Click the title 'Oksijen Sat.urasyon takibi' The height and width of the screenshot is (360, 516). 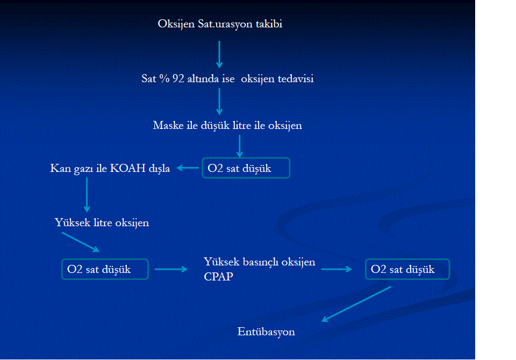(x=220, y=24)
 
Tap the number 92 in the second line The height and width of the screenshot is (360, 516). (x=178, y=78)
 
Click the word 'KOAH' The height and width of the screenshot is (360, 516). (x=128, y=168)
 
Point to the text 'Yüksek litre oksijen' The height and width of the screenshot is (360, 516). (x=102, y=223)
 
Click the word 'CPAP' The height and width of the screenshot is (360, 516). (x=218, y=277)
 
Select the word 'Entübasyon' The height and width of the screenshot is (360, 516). (x=266, y=332)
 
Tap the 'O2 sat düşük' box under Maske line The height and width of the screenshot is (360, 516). (x=246, y=168)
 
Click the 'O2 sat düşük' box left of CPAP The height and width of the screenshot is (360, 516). (x=105, y=269)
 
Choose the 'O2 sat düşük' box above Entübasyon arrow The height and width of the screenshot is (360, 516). (x=407, y=269)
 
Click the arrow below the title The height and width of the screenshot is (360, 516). (x=219, y=55)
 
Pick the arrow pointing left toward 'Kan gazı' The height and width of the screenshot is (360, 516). (x=188, y=168)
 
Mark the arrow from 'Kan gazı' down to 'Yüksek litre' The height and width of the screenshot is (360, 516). (x=87, y=195)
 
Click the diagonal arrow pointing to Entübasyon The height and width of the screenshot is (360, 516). (x=356, y=304)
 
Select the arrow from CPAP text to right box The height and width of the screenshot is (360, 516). (x=336, y=269)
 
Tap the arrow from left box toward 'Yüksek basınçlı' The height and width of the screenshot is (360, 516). (x=171, y=269)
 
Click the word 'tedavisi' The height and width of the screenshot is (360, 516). (x=296, y=78)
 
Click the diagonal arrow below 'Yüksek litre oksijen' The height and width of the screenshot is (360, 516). (x=81, y=242)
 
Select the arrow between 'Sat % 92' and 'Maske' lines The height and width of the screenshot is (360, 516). (x=219, y=102)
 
